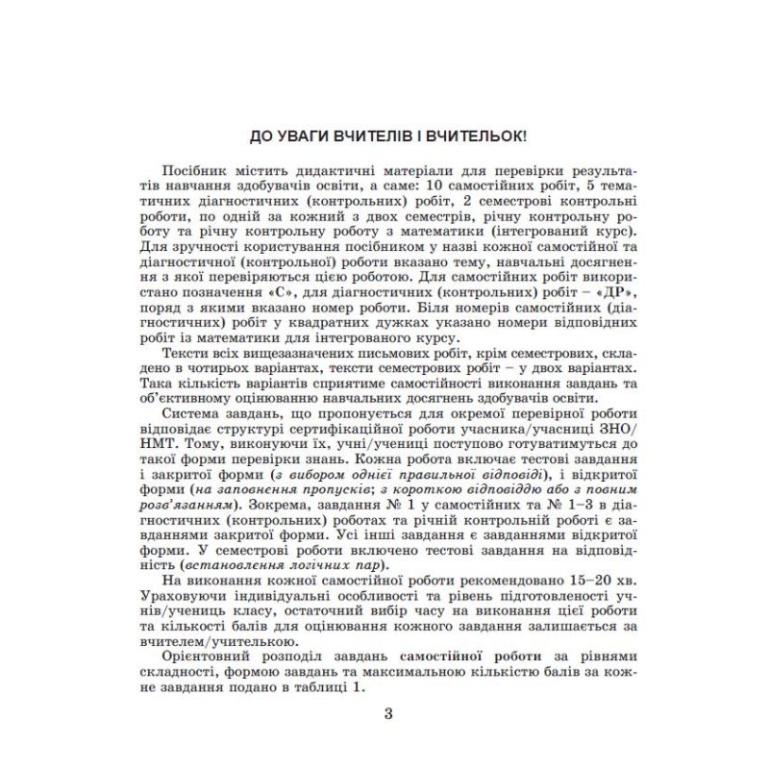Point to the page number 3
pyautogui.click(x=387, y=714)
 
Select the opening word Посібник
pyautogui.click(x=193, y=169)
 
